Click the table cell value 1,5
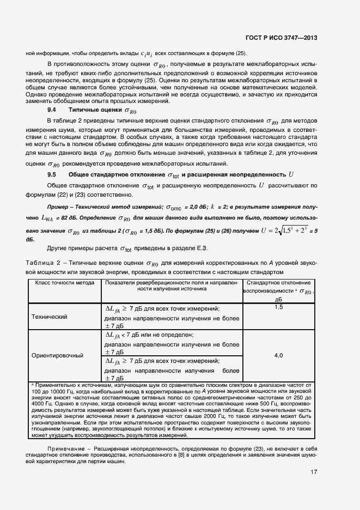278,307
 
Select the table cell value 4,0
278,355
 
